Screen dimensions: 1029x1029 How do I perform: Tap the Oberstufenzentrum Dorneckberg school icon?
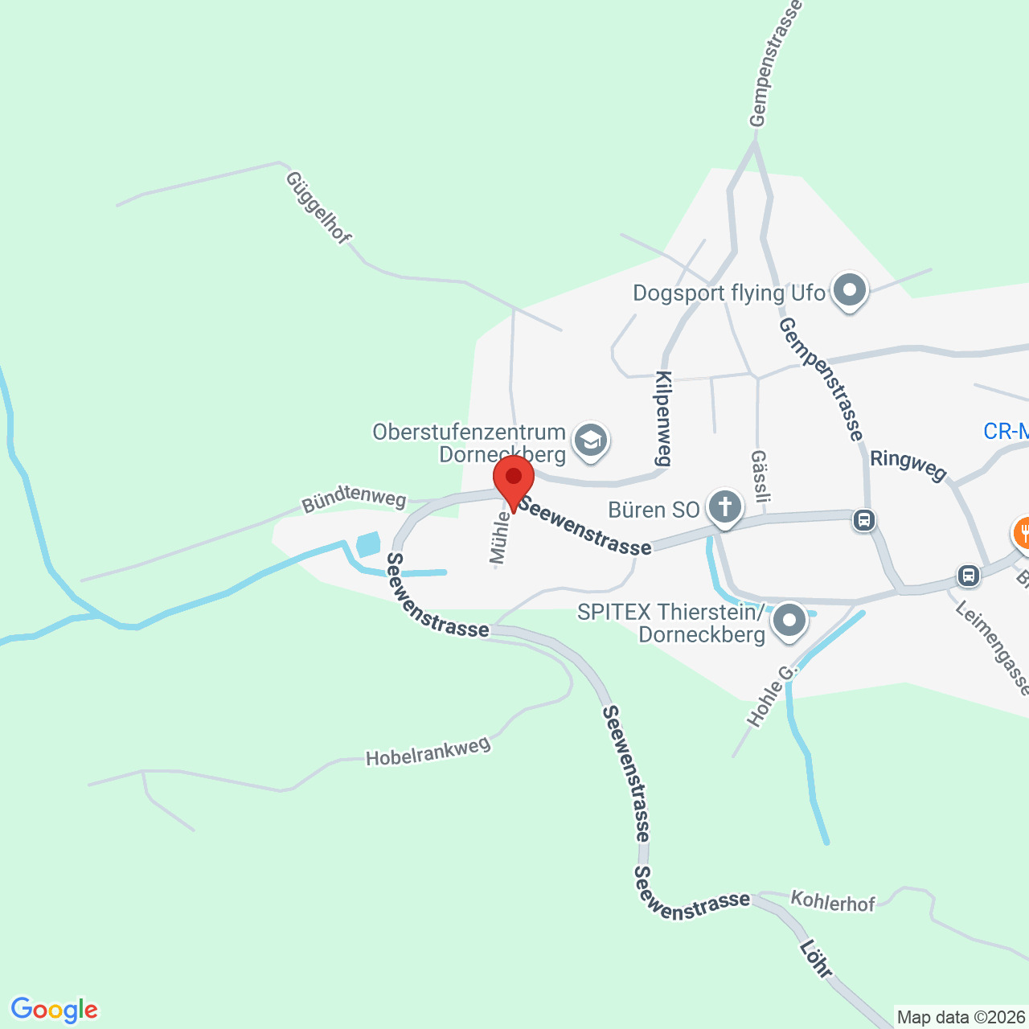click(x=591, y=441)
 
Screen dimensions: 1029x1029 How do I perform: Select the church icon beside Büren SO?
click(x=725, y=508)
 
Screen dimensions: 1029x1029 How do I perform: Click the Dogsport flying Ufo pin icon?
click(x=849, y=291)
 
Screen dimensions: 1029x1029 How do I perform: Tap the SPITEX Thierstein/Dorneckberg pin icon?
click(x=789, y=621)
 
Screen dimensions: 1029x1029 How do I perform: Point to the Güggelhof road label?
click(x=318, y=207)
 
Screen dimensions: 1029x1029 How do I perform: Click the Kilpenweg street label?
click(x=663, y=418)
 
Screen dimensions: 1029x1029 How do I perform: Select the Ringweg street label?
click(x=908, y=464)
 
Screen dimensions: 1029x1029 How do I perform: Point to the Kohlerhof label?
click(x=833, y=901)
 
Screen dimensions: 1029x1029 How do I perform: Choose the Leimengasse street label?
click(x=993, y=647)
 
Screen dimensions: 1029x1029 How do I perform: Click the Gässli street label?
click(x=759, y=482)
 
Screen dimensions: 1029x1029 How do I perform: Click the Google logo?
click(x=54, y=1010)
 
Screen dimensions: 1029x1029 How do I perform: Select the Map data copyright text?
click(x=961, y=1018)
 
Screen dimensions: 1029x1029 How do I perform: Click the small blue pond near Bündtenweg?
click(x=367, y=544)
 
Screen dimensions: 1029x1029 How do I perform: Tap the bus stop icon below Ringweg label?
click(x=864, y=520)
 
